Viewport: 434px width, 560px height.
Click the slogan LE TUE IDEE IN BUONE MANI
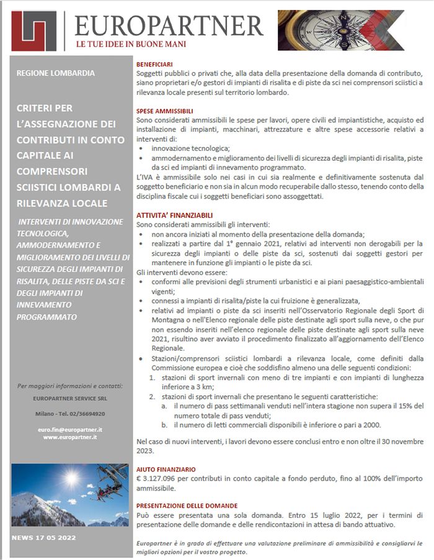(x=131, y=45)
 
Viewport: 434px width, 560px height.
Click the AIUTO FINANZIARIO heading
(x=166, y=469)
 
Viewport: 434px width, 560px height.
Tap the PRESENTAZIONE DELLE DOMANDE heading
(x=188, y=505)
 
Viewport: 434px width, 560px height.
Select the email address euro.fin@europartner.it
(x=69, y=429)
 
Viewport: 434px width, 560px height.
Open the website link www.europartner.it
(x=69, y=437)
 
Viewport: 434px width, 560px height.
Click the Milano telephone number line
(x=69, y=413)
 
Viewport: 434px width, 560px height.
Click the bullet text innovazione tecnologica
(x=190, y=148)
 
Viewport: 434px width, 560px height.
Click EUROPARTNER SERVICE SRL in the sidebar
(x=69, y=398)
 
